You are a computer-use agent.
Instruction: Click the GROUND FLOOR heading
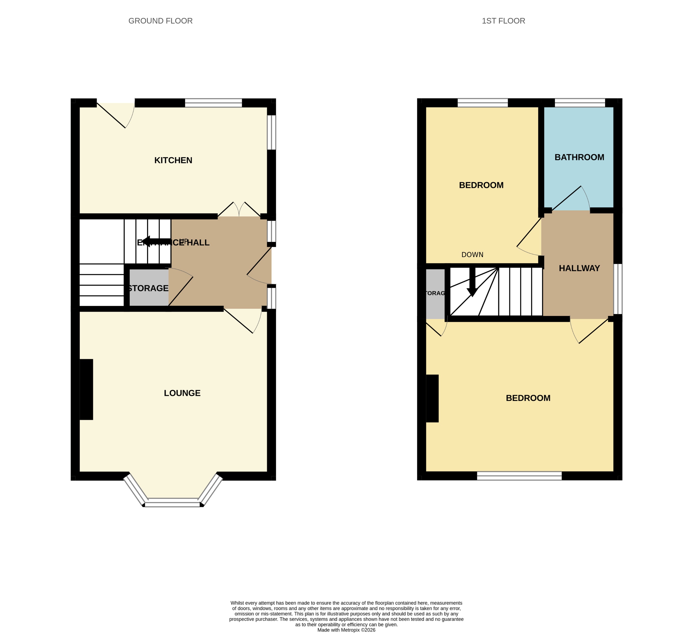coord(160,21)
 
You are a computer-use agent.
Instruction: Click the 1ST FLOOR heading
coord(503,21)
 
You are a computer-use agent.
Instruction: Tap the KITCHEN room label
coord(173,160)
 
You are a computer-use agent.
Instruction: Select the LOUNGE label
coord(182,393)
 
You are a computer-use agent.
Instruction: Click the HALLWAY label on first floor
coord(579,268)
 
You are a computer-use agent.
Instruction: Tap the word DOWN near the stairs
coord(472,255)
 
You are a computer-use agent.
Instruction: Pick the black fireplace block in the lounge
coord(86,389)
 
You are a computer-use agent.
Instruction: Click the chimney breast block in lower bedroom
coord(432,398)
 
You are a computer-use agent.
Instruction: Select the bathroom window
coord(580,103)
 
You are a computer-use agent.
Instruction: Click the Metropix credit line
coord(346,630)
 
